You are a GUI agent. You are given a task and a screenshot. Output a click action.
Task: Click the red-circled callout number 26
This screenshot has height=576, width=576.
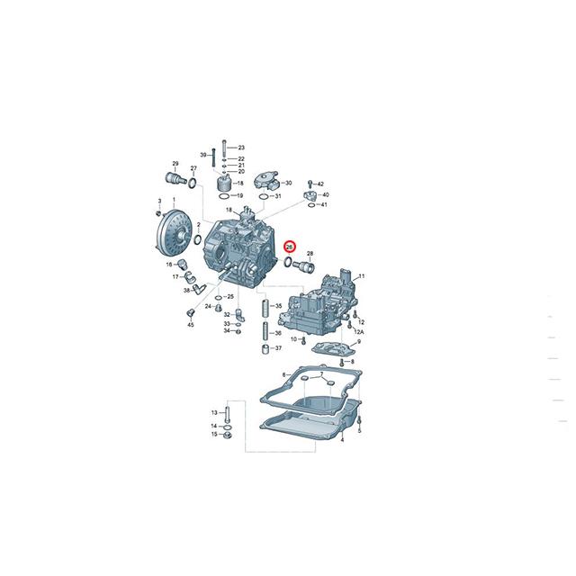[290, 246]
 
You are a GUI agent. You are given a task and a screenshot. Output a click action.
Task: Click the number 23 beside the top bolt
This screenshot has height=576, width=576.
[241, 147]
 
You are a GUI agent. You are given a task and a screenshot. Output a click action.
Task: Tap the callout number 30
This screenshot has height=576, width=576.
[288, 183]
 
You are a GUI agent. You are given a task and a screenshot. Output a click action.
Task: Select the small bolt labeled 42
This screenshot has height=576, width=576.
[310, 184]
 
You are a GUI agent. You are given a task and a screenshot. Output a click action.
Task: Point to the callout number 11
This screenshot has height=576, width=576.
[362, 275]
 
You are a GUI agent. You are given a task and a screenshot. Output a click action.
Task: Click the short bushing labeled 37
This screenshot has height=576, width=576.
[266, 348]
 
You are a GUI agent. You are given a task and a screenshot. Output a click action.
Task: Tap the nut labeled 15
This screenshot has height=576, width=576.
[227, 436]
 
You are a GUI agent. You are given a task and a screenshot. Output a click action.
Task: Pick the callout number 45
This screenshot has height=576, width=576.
[191, 325]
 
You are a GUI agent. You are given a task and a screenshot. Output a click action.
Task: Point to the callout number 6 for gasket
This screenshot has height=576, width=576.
[283, 373]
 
